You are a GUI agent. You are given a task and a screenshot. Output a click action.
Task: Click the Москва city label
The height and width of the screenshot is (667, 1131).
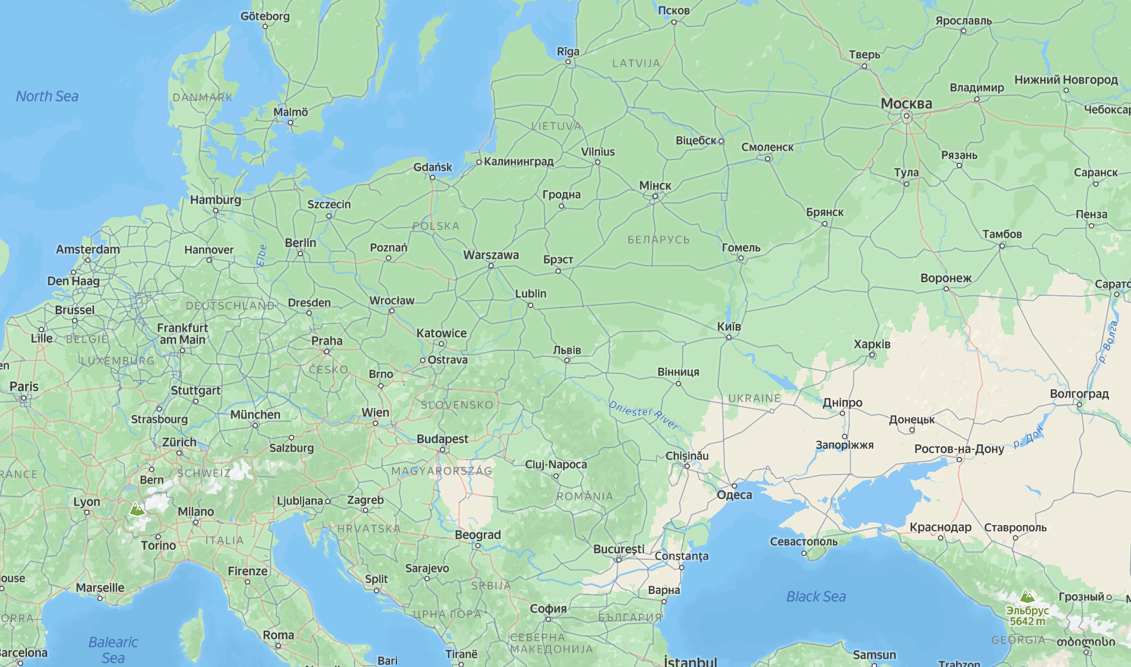pyautogui.click(x=906, y=103)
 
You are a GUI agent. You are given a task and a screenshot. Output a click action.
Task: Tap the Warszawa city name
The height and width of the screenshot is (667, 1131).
pyautogui.click(x=490, y=255)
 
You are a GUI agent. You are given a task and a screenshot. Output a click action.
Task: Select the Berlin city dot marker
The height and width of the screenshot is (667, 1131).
pyautogui.click(x=300, y=253)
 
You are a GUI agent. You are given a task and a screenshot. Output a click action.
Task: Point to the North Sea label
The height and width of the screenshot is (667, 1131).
pyautogui.click(x=47, y=96)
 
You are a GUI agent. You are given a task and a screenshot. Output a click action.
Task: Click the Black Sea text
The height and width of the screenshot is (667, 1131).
pyautogui.click(x=816, y=597)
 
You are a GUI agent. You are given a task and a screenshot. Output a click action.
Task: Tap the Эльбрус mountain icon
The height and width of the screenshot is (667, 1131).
pyautogui.click(x=1027, y=596)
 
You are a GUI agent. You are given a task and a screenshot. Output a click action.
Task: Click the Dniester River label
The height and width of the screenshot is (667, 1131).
pyautogui.click(x=643, y=415)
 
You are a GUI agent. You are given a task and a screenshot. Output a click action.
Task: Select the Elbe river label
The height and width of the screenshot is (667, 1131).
pyautogui.click(x=262, y=256)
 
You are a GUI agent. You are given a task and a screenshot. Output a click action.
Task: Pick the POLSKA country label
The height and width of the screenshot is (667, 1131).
pyautogui.click(x=435, y=226)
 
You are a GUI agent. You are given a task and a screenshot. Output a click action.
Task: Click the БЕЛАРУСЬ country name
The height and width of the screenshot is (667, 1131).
pyautogui.click(x=658, y=240)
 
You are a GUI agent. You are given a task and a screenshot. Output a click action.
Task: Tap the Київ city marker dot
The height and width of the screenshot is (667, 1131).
pyautogui.click(x=729, y=337)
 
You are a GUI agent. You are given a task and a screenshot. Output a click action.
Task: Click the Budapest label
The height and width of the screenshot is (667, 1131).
pyautogui.click(x=442, y=439)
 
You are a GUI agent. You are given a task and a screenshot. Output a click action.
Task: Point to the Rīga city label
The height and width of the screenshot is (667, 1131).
pyautogui.click(x=568, y=52)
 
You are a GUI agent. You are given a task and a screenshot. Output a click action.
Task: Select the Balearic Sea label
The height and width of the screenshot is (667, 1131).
pyautogui.click(x=113, y=650)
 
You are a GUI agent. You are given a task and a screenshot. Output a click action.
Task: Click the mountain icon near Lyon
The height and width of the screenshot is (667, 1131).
pyautogui.click(x=137, y=509)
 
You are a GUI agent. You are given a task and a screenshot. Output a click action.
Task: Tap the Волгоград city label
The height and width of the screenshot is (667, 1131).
pyautogui.click(x=1079, y=394)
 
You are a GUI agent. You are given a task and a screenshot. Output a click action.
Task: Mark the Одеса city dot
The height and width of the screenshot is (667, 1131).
pyautogui.click(x=734, y=486)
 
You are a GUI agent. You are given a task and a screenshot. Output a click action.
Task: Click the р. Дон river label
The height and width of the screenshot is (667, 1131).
pyautogui.click(x=1028, y=437)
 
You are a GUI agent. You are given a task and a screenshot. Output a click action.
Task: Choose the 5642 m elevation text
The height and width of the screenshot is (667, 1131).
pyautogui.click(x=1027, y=621)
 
